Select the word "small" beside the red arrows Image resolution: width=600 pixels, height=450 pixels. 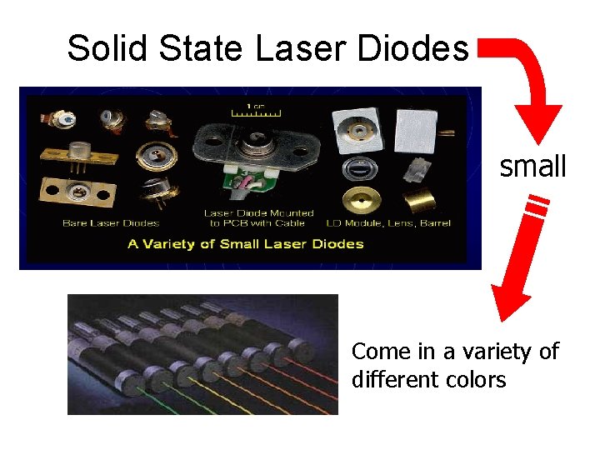click(532, 167)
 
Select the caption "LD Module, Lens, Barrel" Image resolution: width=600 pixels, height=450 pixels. click(398, 222)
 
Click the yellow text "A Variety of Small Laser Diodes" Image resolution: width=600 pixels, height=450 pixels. click(246, 243)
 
